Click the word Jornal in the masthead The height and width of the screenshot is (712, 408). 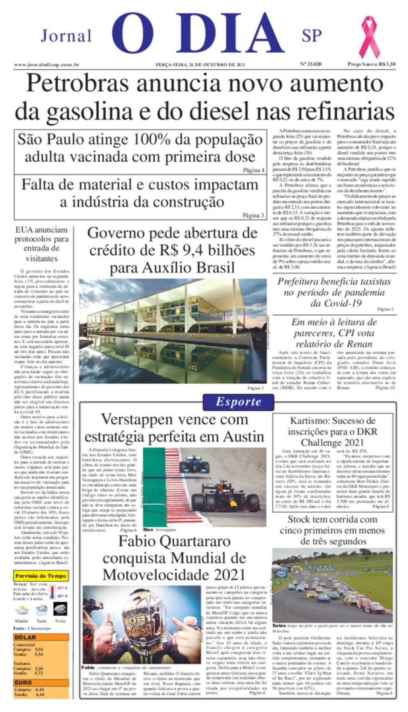[x=66, y=36]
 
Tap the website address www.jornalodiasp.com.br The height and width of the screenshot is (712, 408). [x=46, y=65]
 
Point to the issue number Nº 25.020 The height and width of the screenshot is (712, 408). [x=311, y=64]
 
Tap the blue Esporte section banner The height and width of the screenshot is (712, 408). [x=238, y=402]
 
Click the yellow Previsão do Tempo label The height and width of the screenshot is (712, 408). [x=41, y=576]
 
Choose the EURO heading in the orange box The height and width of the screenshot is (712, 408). [x=23, y=683]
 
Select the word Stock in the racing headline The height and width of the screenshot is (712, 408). [x=299, y=519]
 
